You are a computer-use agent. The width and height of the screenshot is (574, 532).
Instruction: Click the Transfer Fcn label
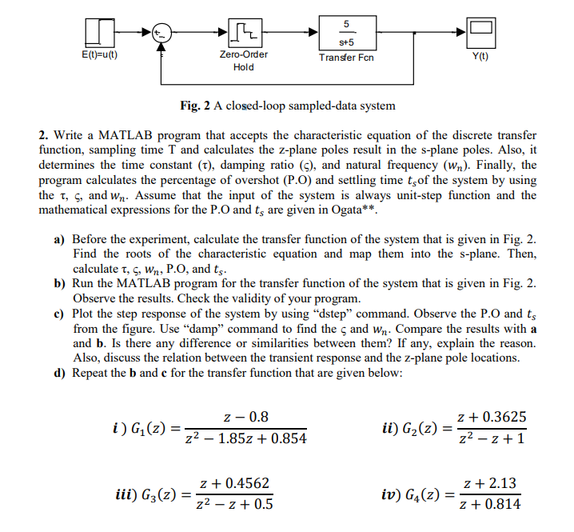click(347, 58)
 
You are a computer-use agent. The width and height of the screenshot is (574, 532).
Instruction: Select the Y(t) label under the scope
click(480, 57)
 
